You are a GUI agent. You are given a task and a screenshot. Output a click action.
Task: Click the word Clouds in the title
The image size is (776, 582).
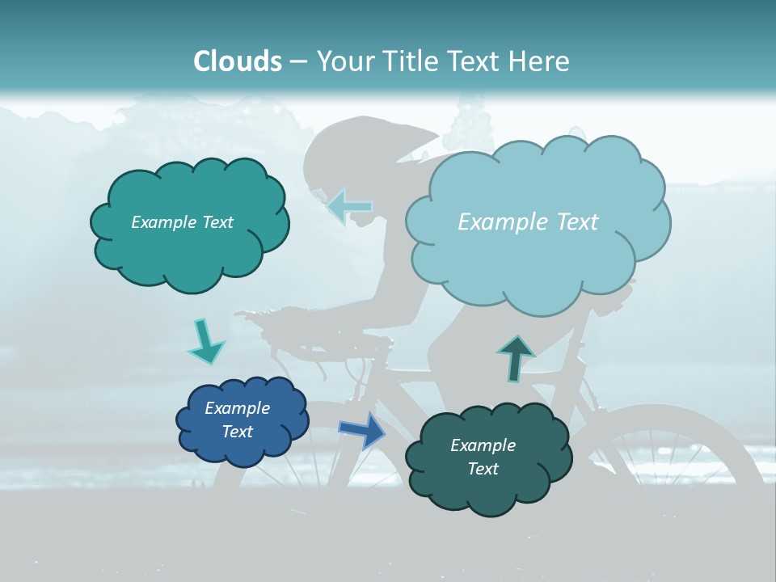[x=238, y=61]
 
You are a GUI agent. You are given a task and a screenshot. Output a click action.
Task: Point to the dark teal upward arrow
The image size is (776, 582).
[x=516, y=358]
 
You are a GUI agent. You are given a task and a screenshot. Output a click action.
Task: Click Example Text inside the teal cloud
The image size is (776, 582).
[x=182, y=222]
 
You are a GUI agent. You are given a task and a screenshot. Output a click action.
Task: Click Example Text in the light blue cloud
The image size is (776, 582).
[x=528, y=222]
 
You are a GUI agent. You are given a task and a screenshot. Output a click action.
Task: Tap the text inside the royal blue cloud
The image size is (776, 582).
[x=237, y=420]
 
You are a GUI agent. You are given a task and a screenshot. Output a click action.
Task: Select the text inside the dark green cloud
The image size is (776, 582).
[x=483, y=457]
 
